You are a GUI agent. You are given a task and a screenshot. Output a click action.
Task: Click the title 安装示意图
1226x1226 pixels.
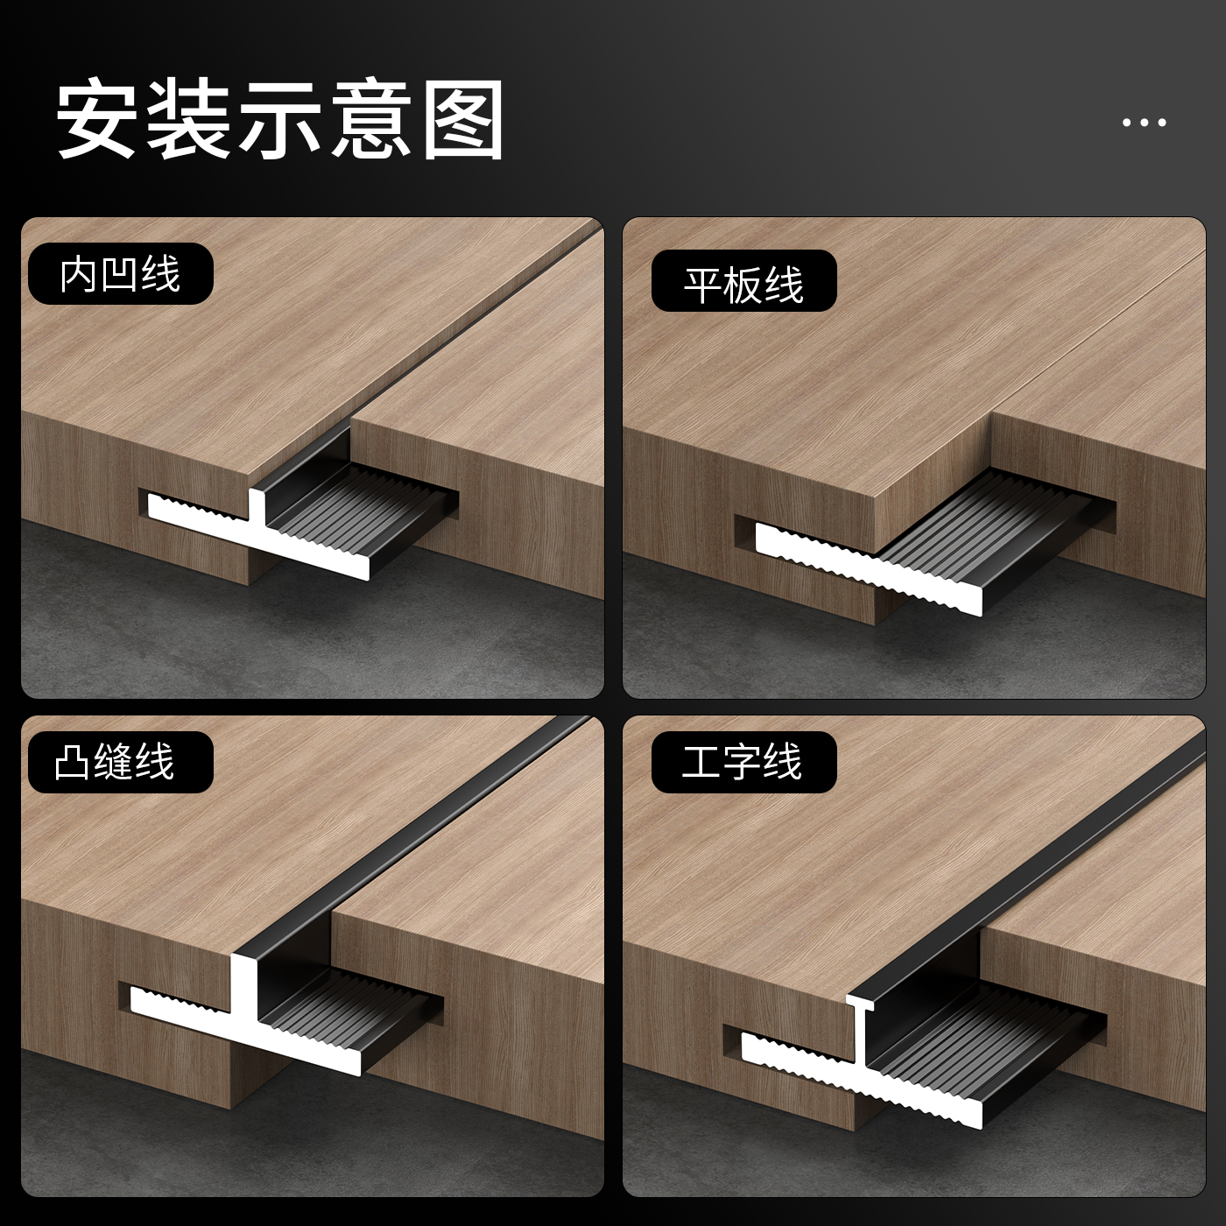(280, 119)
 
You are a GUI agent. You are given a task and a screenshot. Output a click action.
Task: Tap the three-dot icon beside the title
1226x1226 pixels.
(1144, 123)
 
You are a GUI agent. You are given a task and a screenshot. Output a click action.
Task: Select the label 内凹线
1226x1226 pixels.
(121, 274)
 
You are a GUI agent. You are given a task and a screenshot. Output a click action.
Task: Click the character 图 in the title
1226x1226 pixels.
(462, 119)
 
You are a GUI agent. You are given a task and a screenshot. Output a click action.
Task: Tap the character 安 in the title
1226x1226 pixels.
(97, 119)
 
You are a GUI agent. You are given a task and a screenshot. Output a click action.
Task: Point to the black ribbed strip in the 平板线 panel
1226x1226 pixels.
(981, 517)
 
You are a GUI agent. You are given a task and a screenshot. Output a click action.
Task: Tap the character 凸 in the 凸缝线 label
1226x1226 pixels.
(72, 762)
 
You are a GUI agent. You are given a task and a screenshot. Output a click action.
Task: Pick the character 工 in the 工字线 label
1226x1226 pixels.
(701, 762)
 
